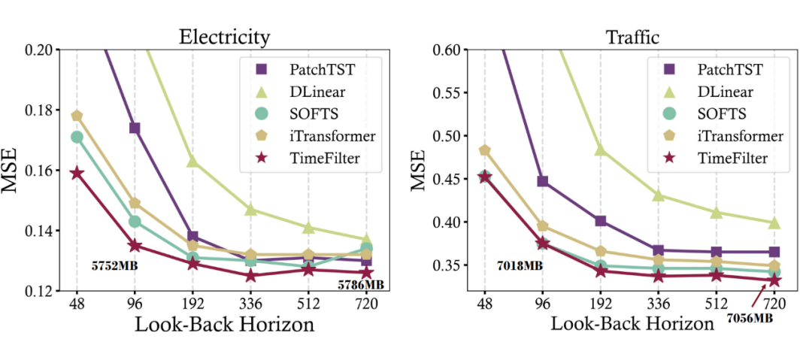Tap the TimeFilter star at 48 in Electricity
[76, 174]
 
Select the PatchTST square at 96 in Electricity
[134, 128]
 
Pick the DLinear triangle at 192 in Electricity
[192, 161]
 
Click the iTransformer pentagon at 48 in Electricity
[76, 116]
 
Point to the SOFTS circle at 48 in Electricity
[76, 137]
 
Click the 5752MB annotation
[114, 265]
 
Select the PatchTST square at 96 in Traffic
[542, 181]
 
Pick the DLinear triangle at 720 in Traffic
[774, 222]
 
